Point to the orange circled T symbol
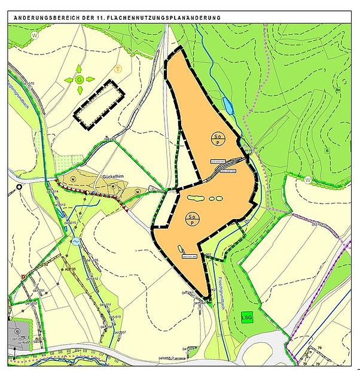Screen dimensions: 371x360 pyautogui.click(x=118, y=69)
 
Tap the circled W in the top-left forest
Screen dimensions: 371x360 pyautogui.click(x=35, y=35)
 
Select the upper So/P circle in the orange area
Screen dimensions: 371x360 pyautogui.click(x=218, y=137)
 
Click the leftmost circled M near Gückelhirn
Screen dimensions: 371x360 pyautogui.click(x=74, y=179)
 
